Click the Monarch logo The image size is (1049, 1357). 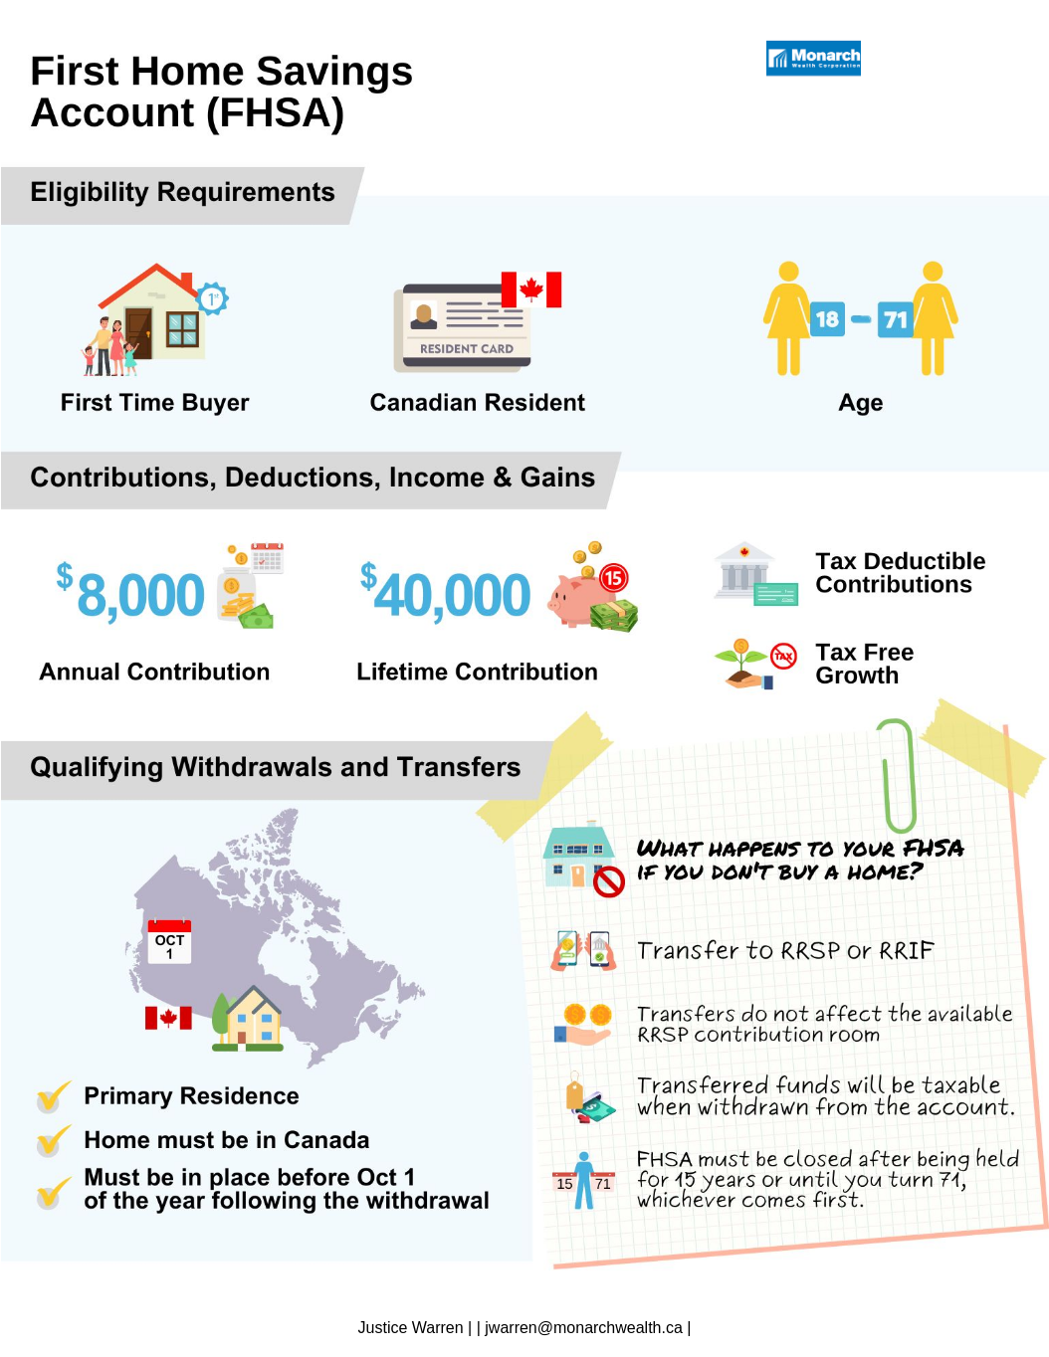click(x=813, y=59)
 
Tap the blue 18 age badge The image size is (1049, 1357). click(x=827, y=319)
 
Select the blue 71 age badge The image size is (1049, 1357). click(x=895, y=319)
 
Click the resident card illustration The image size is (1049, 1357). click(x=463, y=327)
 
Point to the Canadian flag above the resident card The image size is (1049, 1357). click(x=531, y=290)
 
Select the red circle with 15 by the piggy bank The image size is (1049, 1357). click(x=614, y=577)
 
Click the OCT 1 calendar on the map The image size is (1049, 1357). click(x=169, y=941)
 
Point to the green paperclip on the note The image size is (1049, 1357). click(x=897, y=776)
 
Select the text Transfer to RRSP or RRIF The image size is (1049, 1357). click(x=785, y=951)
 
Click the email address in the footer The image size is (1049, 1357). click(x=584, y=1327)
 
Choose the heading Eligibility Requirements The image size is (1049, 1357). click(x=182, y=192)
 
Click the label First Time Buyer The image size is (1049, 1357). click(x=154, y=403)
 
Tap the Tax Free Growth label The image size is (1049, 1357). click(x=864, y=664)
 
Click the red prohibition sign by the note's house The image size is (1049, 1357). click(x=608, y=881)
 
